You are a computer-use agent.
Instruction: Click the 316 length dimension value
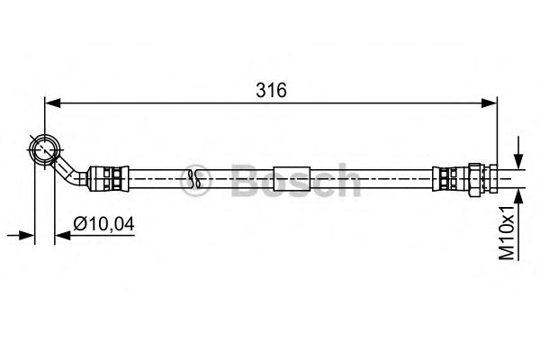tap(271, 90)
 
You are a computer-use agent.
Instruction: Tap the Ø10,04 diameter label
tap(103, 224)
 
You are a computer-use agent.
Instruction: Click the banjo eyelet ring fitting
tap(44, 149)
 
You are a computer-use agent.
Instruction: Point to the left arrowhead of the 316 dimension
tap(53, 103)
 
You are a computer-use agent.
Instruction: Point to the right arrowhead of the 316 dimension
tap(489, 103)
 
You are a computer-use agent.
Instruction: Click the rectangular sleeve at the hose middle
tap(292, 179)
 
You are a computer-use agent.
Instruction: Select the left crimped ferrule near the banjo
tap(109, 179)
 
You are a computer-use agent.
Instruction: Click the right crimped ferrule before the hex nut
tap(450, 179)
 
